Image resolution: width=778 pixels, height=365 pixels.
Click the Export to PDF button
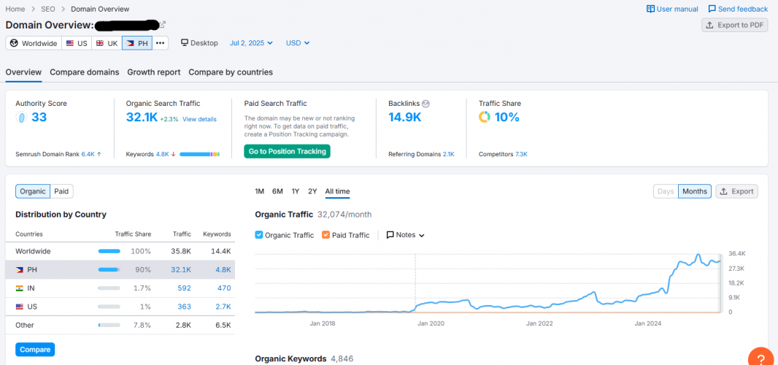click(x=734, y=25)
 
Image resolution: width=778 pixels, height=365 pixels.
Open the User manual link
click(x=672, y=9)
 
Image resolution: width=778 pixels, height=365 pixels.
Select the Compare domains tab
click(x=84, y=72)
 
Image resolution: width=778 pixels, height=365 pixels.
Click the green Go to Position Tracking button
click(x=287, y=151)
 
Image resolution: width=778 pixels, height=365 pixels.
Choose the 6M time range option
click(x=277, y=191)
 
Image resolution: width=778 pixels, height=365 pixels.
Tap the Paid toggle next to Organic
click(x=61, y=191)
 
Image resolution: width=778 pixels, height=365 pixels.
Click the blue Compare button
click(x=35, y=350)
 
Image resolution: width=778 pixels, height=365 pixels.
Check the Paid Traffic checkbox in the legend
click(x=326, y=235)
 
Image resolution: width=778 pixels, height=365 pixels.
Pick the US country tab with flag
click(x=77, y=43)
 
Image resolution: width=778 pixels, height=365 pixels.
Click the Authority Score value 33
click(x=39, y=118)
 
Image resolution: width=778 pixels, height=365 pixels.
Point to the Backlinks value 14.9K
click(x=404, y=118)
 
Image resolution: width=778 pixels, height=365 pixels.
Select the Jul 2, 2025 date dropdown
click(x=251, y=43)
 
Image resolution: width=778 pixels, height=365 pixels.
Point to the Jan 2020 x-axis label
click(x=431, y=323)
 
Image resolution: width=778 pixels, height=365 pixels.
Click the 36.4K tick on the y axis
click(x=736, y=253)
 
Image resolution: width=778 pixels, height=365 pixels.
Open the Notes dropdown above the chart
click(x=405, y=235)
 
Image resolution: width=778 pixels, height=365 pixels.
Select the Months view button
click(x=694, y=191)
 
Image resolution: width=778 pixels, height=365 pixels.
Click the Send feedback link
click(x=738, y=9)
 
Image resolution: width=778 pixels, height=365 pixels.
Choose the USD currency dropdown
click(x=297, y=43)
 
